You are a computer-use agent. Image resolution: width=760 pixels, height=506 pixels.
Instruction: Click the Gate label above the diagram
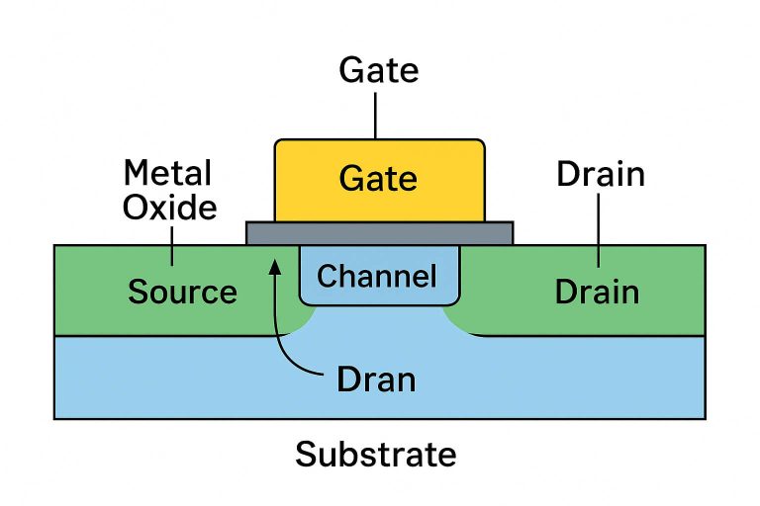click(x=378, y=71)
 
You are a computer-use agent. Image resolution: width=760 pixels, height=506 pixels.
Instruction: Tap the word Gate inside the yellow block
click(x=378, y=179)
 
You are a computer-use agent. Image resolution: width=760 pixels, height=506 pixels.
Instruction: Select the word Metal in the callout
click(x=167, y=174)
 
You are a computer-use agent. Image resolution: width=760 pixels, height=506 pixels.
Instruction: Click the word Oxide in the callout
click(x=170, y=208)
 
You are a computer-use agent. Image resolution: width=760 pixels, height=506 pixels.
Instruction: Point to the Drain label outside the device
click(x=600, y=175)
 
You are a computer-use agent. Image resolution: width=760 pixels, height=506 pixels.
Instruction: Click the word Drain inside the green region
click(x=596, y=293)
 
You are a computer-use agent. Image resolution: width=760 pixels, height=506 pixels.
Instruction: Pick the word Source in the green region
click(x=182, y=293)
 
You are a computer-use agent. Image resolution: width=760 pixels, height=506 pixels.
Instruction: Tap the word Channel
click(x=377, y=277)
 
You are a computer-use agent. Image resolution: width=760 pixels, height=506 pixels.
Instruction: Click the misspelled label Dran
click(x=375, y=379)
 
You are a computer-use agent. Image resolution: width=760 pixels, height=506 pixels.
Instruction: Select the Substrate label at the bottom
click(x=376, y=455)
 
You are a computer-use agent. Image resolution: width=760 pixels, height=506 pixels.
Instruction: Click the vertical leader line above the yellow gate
click(x=376, y=114)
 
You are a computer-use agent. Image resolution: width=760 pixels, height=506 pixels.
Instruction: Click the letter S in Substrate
click(x=306, y=455)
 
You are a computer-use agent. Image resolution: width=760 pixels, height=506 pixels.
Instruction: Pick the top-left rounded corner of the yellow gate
click(x=279, y=144)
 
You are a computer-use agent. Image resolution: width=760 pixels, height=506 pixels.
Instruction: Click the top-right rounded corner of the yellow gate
click(x=480, y=144)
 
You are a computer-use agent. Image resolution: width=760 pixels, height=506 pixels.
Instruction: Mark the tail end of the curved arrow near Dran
click(x=323, y=374)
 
